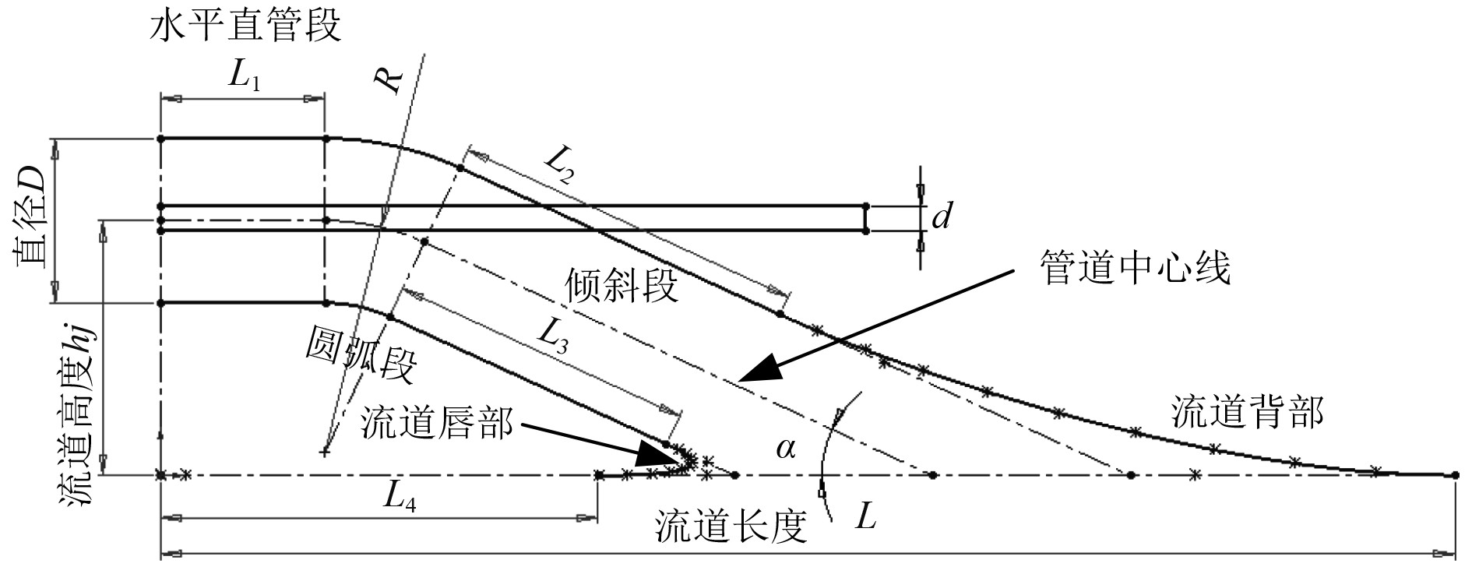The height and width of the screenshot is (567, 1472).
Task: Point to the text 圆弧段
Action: coord(360,354)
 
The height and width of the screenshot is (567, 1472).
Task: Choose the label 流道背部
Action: coord(1247,414)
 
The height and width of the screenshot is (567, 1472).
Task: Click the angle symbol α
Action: coord(785,449)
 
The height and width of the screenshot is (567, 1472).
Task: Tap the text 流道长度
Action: coord(729,527)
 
